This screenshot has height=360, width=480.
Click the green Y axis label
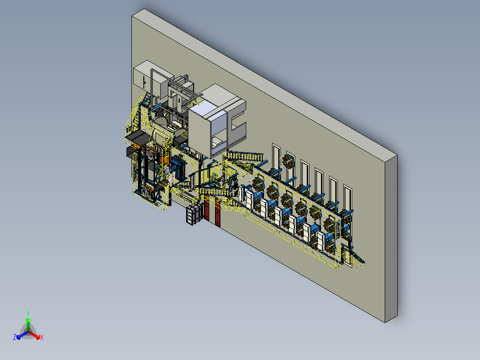pos(28,313)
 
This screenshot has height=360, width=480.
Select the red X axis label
pos(42,337)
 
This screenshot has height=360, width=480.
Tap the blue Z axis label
pos(15,337)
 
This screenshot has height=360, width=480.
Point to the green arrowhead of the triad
pos(28,320)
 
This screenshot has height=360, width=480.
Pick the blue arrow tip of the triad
pos(19,337)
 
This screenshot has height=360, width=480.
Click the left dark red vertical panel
pos(207,209)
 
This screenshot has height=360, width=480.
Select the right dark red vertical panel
pos(218,213)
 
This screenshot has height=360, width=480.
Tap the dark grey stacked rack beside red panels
pos(194,214)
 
